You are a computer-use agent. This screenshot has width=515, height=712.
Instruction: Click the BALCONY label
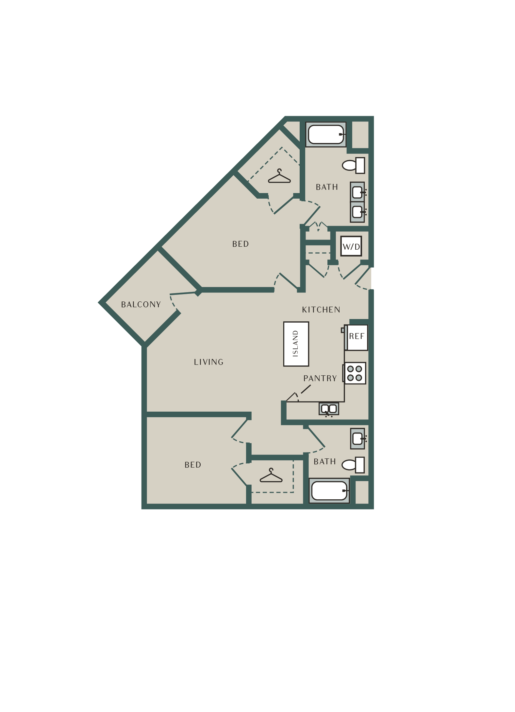(141, 305)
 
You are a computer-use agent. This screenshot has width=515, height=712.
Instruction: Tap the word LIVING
(208, 362)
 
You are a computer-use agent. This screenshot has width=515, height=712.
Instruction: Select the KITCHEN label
(321, 310)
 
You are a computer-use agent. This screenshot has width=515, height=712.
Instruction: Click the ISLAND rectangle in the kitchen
(296, 344)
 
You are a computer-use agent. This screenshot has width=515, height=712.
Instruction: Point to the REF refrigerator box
(357, 337)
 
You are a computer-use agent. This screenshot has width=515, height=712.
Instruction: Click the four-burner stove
(355, 373)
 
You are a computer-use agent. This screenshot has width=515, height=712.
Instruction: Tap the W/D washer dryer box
(351, 246)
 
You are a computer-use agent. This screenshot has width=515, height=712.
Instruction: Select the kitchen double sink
(329, 409)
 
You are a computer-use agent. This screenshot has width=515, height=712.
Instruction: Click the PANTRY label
(320, 379)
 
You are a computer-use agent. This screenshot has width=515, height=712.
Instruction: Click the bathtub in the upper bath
(326, 134)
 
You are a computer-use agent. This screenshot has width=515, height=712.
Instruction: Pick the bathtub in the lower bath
(329, 491)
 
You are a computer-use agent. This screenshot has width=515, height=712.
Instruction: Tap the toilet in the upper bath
(353, 166)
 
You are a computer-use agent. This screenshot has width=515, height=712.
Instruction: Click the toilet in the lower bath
(353, 465)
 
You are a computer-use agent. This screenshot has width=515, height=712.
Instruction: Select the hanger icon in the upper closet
(279, 176)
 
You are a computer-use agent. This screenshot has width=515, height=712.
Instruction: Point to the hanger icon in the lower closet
(271, 476)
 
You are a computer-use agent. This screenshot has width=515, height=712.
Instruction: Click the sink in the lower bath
(358, 438)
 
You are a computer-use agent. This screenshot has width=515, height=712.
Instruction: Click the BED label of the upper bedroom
(241, 244)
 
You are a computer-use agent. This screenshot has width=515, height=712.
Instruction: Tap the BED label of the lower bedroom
(193, 465)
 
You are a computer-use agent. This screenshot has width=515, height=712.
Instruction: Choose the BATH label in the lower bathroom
(325, 462)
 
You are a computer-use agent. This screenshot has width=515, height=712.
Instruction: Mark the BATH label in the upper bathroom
(327, 187)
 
